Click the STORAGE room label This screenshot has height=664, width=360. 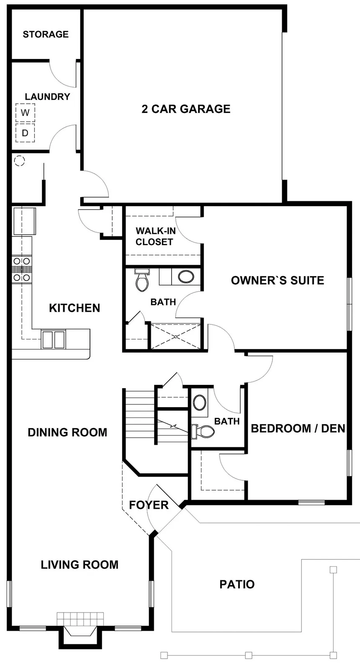[46, 34]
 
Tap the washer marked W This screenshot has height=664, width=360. [25, 113]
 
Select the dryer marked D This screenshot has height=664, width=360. [25, 133]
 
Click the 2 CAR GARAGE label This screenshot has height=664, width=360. [186, 109]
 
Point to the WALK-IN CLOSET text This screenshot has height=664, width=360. [155, 236]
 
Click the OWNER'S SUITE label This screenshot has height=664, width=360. [278, 280]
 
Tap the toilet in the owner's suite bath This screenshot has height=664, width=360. [142, 280]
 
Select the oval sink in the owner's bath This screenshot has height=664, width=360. [186, 277]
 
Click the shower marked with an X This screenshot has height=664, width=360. [175, 337]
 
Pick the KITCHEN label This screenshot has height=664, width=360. [75, 308]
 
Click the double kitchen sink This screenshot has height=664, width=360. [54, 339]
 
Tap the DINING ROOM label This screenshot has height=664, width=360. [67, 433]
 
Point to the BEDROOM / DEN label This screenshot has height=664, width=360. [298, 428]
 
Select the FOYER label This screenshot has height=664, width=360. [149, 505]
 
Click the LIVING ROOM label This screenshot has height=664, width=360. [80, 565]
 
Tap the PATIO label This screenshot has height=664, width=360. [237, 584]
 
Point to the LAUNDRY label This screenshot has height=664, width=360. [47, 97]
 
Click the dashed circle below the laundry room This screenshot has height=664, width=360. [20, 161]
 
